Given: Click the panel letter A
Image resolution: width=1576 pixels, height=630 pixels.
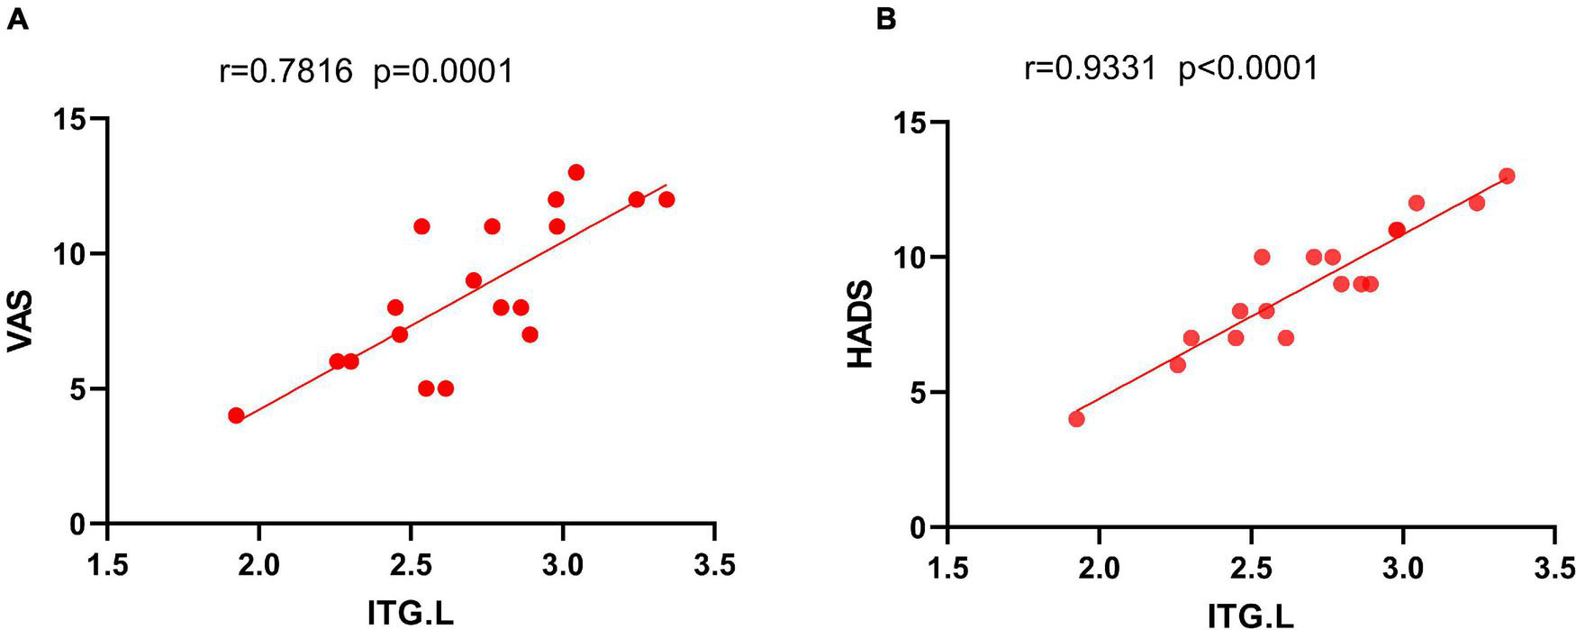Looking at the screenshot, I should [x=18, y=19].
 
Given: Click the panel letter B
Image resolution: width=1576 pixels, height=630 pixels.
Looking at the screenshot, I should [x=886, y=19].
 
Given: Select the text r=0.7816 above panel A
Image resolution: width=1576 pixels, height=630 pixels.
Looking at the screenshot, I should [x=285, y=70].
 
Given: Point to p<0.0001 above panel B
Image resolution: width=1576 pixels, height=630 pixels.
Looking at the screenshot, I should [x=1249, y=68].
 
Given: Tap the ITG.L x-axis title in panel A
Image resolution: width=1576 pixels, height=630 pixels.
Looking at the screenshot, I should [x=411, y=614].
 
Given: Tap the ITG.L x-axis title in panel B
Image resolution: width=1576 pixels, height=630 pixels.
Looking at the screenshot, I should [x=1251, y=616].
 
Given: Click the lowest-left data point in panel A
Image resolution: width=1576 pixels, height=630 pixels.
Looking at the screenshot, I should [x=236, y=415].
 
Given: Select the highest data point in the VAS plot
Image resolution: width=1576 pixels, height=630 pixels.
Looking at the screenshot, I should [x=576, y=172].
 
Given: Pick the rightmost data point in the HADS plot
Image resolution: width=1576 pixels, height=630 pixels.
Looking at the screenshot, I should [x=1507, y=176].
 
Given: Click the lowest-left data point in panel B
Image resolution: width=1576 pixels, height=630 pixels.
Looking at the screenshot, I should [x=1076, y=419].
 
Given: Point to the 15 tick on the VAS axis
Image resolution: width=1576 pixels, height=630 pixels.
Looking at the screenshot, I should [x=77, y=119].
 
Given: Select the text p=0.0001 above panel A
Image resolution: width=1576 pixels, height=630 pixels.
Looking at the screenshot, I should [x=443, y=70].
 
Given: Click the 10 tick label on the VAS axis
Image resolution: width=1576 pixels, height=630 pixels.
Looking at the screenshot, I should [x=77, y=254].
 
